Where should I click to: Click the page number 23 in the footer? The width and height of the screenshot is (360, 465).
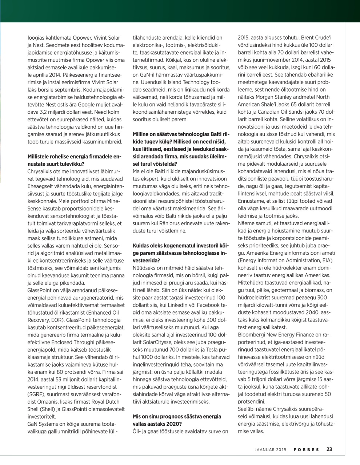pyautogui.click(x=329, y=449)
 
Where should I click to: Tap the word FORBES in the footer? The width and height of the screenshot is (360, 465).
pyautogui.click(x=307, y=449)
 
